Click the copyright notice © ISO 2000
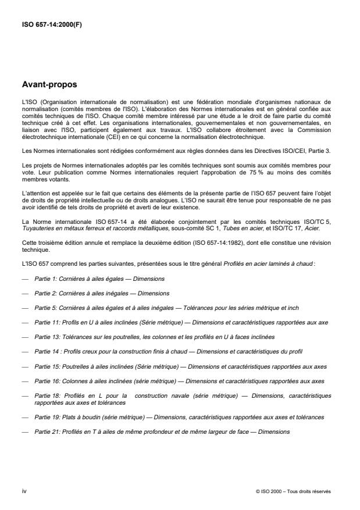293,491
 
